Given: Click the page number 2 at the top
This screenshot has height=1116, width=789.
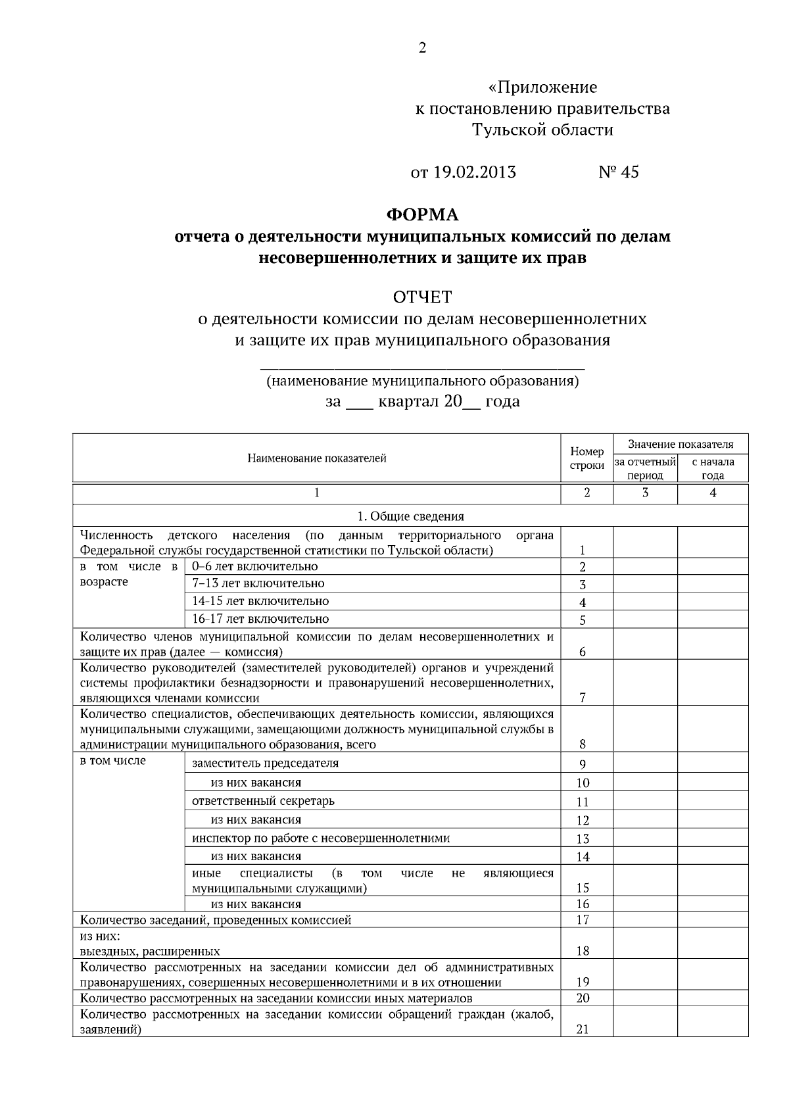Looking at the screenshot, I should [422, 48].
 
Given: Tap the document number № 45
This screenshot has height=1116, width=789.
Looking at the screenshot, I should [618, 172].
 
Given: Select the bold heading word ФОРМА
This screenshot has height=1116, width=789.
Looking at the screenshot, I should [422, 215].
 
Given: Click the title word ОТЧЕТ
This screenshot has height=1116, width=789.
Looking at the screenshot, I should [422, 297].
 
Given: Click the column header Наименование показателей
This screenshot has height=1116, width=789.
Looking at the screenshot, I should [316, 458].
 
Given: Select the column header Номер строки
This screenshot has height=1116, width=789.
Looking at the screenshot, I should [586, 458].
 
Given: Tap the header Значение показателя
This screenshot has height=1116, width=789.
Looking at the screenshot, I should [680, 444].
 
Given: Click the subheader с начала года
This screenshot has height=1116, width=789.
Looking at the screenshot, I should [713, 468].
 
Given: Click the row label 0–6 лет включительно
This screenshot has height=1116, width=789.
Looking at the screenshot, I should [254, 566].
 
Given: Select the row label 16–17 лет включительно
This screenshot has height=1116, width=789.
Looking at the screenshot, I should [260, 619].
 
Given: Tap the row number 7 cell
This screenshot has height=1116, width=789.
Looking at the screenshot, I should [583, 698].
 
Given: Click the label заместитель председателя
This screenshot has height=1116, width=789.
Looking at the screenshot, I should [265, 763].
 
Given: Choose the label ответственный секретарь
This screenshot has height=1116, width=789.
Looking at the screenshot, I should [263, 801].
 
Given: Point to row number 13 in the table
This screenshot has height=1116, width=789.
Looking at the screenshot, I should [583, 838].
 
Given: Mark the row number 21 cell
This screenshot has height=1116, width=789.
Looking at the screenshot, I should [583, 1029].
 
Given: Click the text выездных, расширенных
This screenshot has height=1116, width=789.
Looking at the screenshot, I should [150, 951].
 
